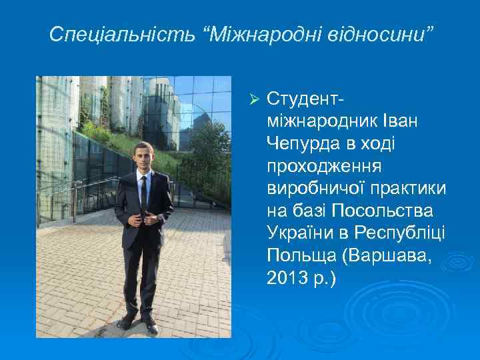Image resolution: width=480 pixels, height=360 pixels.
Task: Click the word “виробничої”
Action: pos(315,189)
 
